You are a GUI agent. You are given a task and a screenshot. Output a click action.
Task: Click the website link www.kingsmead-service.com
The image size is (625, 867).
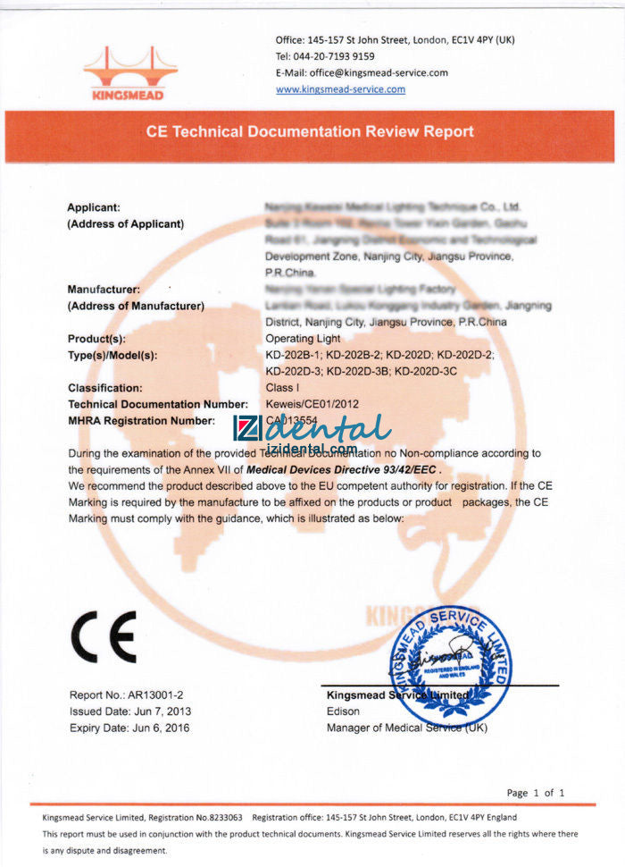[x=340, y=89]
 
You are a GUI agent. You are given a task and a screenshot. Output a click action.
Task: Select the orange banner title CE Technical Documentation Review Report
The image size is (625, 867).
[x=310, y=131]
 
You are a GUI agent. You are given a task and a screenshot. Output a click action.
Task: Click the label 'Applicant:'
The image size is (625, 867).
[x=94, y=208]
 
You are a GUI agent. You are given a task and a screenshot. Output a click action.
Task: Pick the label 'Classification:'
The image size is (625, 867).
[x=105, y=388]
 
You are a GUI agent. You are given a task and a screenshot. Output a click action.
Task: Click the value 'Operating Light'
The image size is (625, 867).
[x=302, y=340]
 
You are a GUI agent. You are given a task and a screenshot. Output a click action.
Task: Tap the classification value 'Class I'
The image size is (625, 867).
[x=282, y=388]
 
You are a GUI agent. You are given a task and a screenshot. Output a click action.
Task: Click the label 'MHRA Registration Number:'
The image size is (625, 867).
[x=141, y=420]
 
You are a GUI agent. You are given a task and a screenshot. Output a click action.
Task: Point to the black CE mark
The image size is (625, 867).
[x=104, y=636]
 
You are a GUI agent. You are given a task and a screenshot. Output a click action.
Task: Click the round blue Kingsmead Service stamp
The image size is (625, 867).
[x=450, y=665]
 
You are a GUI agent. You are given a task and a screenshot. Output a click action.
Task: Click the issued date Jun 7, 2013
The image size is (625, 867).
[x=129, y=711]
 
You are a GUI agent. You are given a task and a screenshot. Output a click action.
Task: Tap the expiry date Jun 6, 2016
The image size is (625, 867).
[x=129, y=728]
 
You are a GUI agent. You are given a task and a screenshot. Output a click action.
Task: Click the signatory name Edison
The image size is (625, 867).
[x=344, y=711]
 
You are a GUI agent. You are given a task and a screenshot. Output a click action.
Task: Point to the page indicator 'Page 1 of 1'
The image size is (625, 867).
[x=536, y=793]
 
